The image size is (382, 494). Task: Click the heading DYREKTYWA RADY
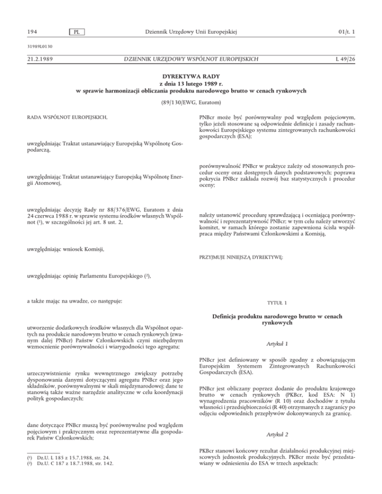point(191,78)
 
